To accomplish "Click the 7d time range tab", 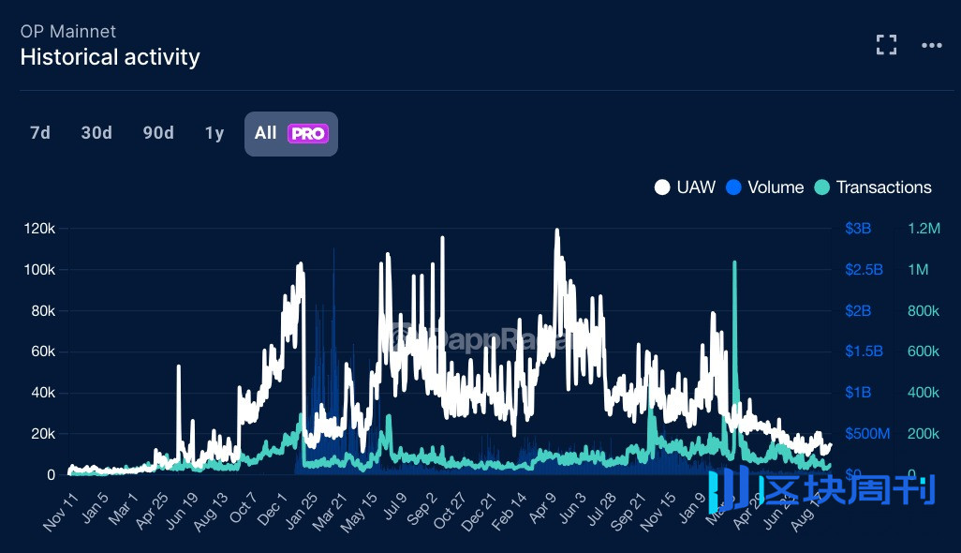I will click(x=40, y=133).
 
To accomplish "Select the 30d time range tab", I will click(x=96, y=133).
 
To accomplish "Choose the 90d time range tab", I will click(x=158, y=133).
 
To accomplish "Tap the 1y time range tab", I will click(x=214, y=133).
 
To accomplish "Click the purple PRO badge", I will click(x=308, y=134).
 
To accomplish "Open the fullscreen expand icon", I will click(x=886, y=45).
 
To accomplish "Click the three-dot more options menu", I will click(x=931, y=45).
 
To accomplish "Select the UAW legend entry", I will click(x=685, y=187).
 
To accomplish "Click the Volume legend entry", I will click(x=765, y=187).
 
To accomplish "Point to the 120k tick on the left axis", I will click(x=40, y=229).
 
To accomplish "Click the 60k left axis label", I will click(x=43, y=351).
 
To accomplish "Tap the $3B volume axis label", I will click(x=858, y=229).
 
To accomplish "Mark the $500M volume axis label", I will click(x=866, y=433).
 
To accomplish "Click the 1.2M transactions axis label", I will click(x=924, y=229).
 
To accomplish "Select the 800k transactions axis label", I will click(x=924, y=310).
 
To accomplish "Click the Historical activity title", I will click(x=110, y=57).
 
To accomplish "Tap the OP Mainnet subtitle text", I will click(x=67, y=31).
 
